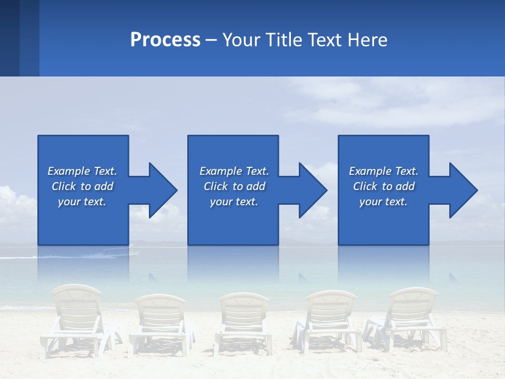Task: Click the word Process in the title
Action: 165,40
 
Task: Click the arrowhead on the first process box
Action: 163,190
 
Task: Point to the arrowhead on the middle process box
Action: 312,190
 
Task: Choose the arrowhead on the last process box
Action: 463,190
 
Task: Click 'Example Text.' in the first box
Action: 82,171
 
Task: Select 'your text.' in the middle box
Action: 234,202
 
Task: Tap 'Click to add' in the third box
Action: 383,186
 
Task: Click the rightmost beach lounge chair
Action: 408,316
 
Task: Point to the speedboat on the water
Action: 121,252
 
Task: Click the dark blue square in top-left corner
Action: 9,38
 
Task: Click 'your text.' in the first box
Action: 82,202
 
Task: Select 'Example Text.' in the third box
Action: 383,171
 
